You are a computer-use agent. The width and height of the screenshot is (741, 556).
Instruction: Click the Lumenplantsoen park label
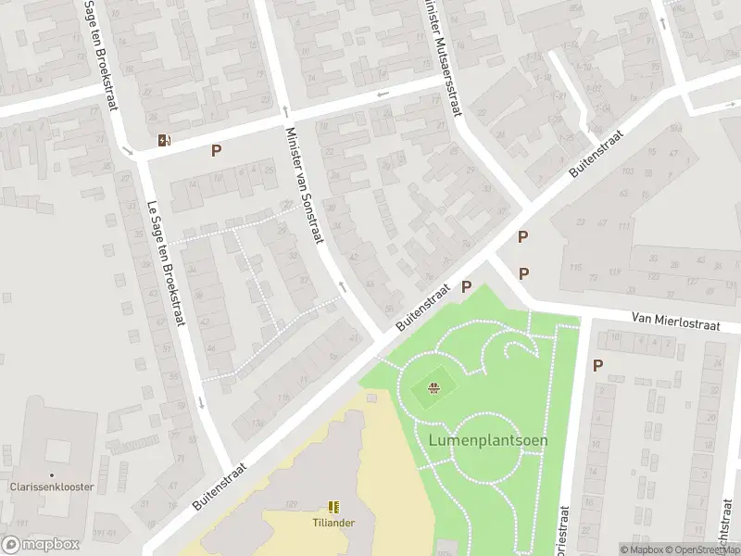pos(488,440)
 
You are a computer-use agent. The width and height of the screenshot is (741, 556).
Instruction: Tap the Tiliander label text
pos(333,523)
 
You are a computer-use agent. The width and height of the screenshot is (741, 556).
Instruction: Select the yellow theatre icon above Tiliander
pos(333,507)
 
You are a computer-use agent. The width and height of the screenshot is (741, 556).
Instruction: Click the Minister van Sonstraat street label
pos(304,185)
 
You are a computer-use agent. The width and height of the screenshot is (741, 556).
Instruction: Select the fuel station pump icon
pos(165,141)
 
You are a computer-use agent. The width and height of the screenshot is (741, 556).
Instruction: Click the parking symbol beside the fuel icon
pos(217,150)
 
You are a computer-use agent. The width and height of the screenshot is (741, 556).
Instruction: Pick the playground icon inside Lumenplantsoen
pos(433,388)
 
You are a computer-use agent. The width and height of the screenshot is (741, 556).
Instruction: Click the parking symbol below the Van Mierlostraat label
pos(597,365)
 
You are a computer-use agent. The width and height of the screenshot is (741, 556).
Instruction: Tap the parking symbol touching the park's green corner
pos(467,287)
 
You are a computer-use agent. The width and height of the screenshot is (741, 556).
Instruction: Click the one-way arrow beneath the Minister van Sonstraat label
pos(342,287)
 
